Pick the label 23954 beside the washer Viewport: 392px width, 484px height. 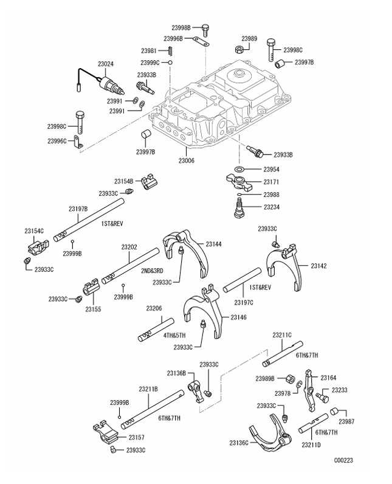coord(270,168)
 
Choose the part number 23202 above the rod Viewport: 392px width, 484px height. coord(129,247)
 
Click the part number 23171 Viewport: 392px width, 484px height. coord(270,182)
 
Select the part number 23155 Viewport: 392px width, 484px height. coord(92,309)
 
